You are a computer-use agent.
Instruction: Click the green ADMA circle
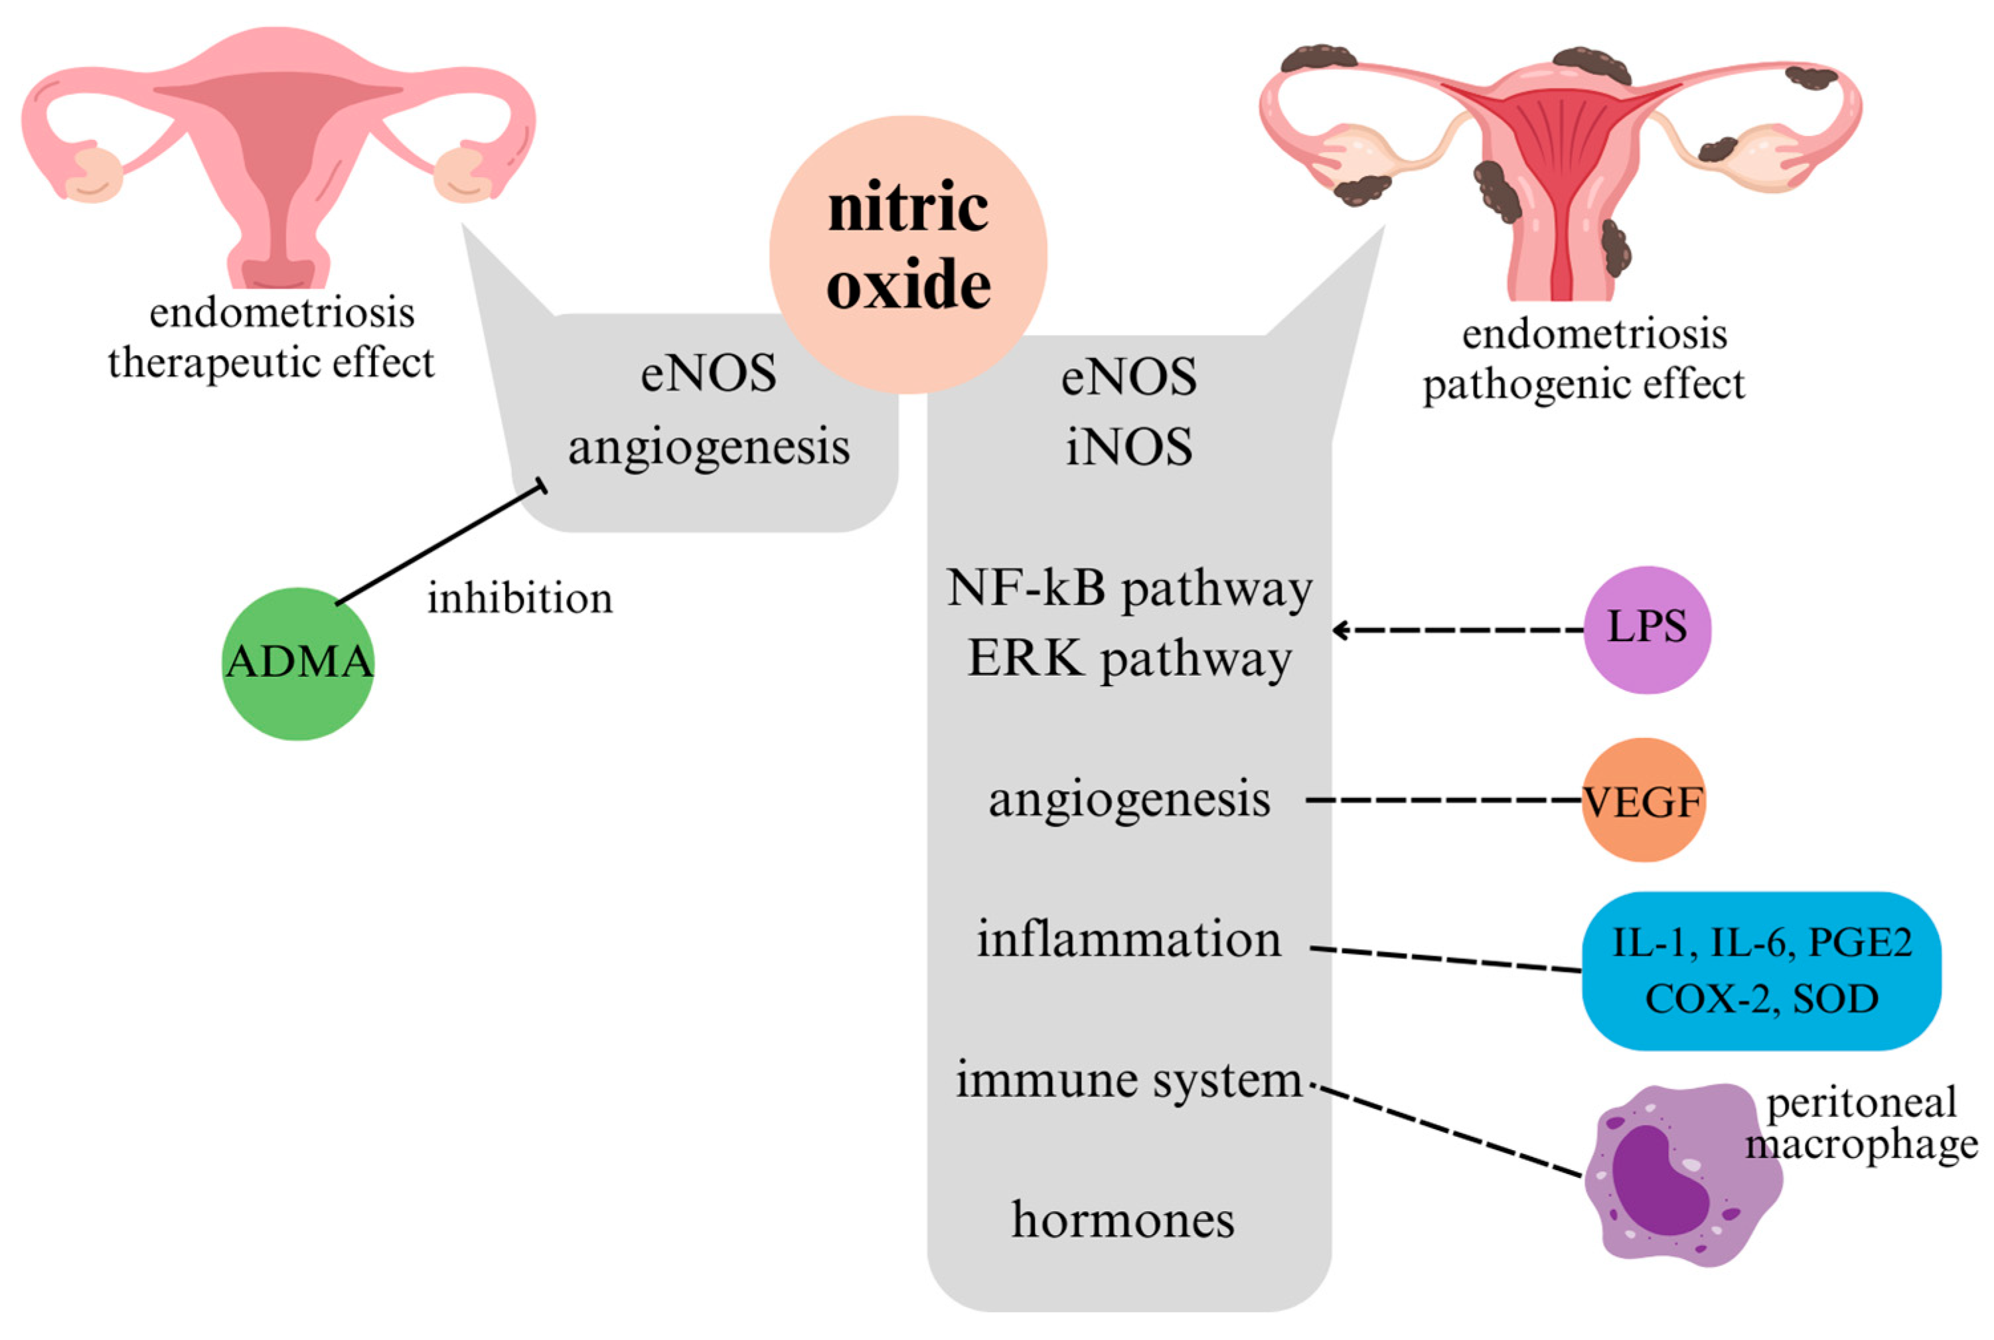click(297, 663)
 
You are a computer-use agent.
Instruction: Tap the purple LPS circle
click(1646, 629)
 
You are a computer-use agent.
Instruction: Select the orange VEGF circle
click(1643, 801)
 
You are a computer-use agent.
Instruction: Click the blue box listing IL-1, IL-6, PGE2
click(1760, 972)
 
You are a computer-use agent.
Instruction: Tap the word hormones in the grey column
click(1122, 1221)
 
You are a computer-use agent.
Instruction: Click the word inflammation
click(1128, 940)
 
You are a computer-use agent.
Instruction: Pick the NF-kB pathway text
click(1128, 589)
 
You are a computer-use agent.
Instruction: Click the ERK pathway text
click(1128, 660)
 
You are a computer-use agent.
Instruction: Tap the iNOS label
click(1128, 447)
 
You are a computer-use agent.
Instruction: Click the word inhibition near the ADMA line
click(520, 598)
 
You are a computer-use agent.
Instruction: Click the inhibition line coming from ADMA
click(440, 544)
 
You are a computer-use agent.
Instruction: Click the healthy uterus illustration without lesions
click(277, 154)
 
